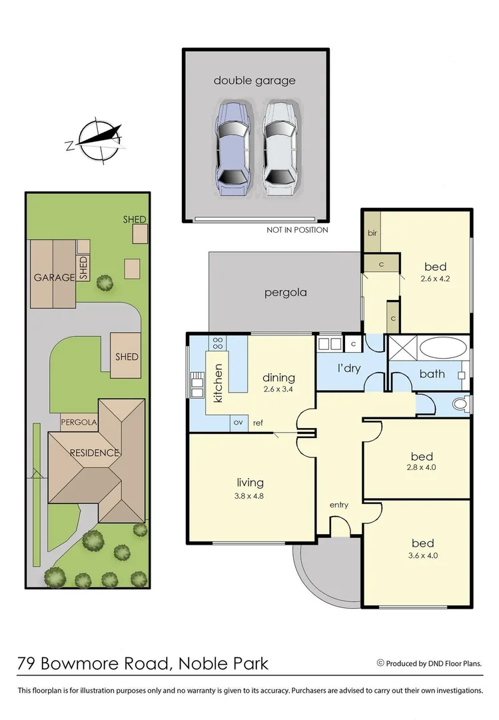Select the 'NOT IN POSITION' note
[x=297, y=231]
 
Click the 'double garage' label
[x=254, y=81]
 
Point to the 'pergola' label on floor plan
[x=285, y=292]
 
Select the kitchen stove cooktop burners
[x=218, y=343]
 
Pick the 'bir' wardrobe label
[x=371, y=234]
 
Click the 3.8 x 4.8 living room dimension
[x=250, y=496]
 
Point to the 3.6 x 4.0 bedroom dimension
[x=422, y=555]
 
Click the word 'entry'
[x=338, y=505]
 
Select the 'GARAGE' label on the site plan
[x=55, y=277]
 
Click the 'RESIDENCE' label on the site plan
[x=94, y=453]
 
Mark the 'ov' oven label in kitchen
[x=237, y=423]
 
